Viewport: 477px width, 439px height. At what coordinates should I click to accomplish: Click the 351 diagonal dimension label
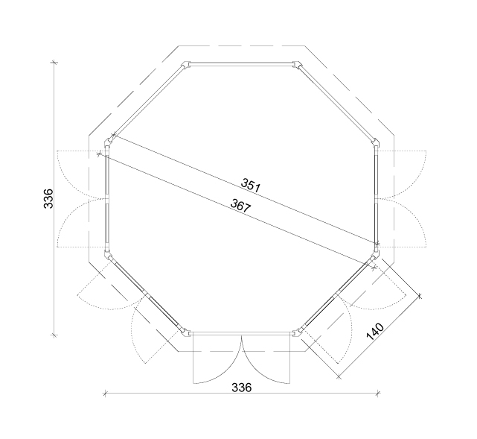tap(251, 186)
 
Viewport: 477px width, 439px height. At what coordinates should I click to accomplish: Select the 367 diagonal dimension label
tap(241, 205)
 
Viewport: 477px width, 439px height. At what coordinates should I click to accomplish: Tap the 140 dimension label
tap(375, 332)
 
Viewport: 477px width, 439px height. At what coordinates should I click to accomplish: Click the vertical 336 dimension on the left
tap(48, 199)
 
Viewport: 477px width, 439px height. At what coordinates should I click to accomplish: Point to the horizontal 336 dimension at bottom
tap(242, 388)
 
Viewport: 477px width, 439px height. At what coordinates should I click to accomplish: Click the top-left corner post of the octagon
tap(186, 65)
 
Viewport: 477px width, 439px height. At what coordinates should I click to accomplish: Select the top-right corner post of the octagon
tap(298, 65)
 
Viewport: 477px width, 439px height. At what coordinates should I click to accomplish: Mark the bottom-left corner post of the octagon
tap(185, 333)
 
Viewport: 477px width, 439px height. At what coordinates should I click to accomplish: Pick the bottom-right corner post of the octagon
tap(298, 333)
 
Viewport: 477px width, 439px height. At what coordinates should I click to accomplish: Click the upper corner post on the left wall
tap(108, 142)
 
